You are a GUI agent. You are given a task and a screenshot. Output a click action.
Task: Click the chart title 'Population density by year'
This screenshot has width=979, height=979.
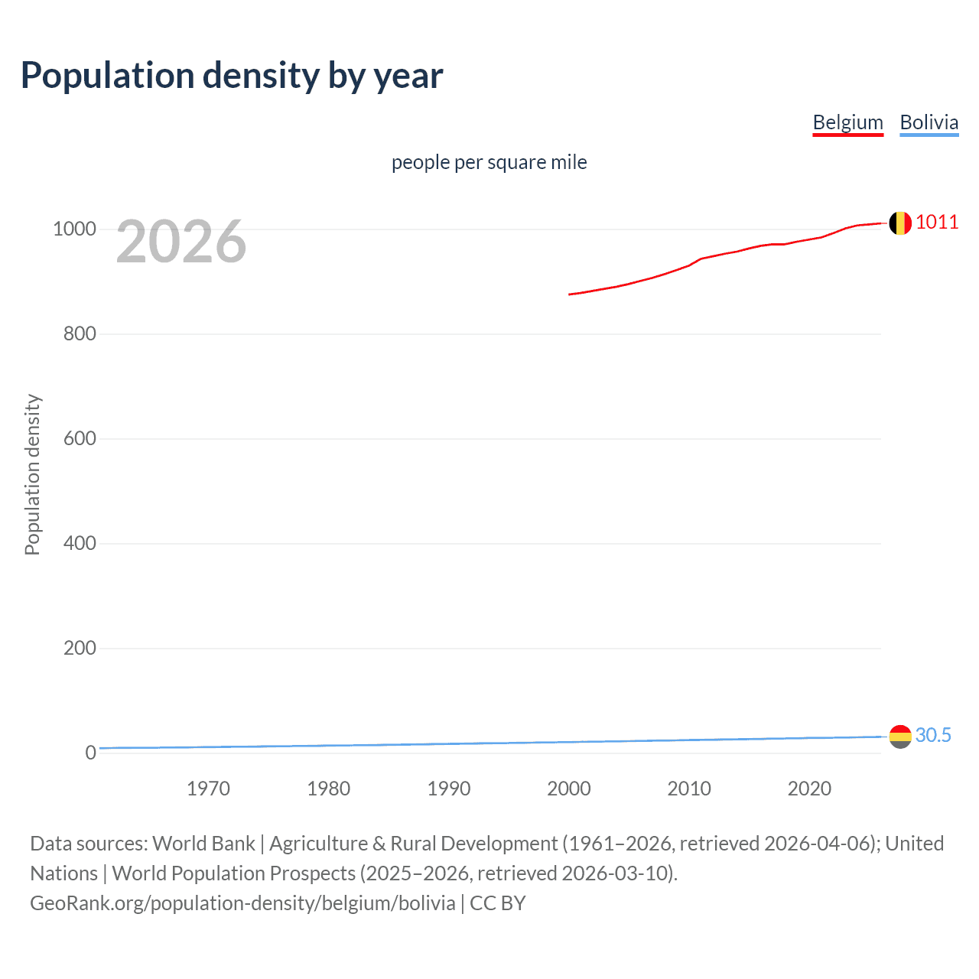pos(232,76)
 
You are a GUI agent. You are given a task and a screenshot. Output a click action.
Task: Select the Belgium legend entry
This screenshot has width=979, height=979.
pos(847,122)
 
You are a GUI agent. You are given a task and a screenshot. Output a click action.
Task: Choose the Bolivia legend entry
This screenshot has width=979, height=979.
pos(929,122)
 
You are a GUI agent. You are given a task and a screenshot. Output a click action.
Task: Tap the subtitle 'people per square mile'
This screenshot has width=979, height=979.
pos(489,162)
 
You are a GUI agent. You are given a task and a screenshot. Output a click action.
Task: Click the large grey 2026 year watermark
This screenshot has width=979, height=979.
pos(181,242)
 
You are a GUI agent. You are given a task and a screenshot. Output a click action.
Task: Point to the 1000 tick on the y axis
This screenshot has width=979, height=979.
pos(74,229)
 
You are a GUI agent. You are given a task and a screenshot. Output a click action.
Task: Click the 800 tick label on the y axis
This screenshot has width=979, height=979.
pos(80,334)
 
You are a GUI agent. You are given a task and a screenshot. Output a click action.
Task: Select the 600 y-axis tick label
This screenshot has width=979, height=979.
pos(80,439)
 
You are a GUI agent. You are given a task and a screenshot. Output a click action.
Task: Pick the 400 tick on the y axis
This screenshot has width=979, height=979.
pos(80,544)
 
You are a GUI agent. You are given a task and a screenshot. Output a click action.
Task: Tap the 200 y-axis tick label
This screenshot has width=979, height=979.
pos(80,649)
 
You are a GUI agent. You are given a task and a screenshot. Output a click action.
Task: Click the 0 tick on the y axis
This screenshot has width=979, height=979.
pos(90,753)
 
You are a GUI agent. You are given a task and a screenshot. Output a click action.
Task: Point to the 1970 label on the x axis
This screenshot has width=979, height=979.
pos(208,789)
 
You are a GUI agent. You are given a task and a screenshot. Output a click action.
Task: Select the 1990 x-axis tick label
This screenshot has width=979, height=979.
pos(449,789)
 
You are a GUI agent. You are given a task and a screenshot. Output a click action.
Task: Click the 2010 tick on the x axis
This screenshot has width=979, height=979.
pos(689,789)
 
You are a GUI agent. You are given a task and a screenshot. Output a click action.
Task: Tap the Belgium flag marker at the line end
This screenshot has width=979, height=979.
pos(900,223)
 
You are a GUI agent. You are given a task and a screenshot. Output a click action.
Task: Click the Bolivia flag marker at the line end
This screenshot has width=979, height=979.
pos(900,737)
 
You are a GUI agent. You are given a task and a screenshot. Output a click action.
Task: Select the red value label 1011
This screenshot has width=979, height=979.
pos(937,223)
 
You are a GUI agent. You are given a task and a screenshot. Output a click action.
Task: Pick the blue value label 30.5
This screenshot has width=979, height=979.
pos(933,735)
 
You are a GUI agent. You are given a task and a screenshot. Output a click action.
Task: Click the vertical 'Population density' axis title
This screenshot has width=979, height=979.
pos(32,474)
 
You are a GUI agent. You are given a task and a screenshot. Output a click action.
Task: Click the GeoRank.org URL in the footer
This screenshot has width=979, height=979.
pos(242,903)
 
